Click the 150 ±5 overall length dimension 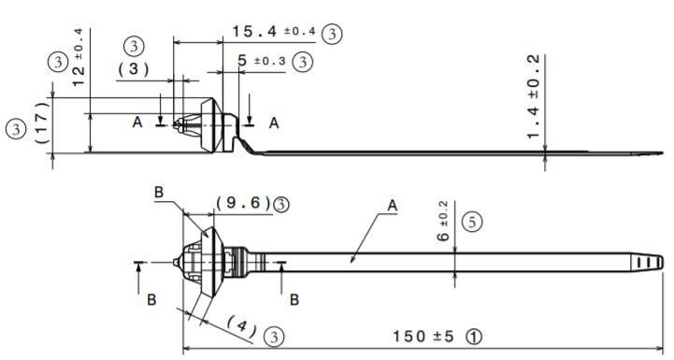pyautogui.click(x=423, y=337)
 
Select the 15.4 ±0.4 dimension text pyautogui.click(x=274, y=32)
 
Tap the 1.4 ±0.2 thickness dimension pyautogui.click(x=533, y=96)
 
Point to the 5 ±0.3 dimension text pyautogui.click(x=262, y=61)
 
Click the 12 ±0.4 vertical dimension pyautogui.click(x=79, y=58)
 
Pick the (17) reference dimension pyautogui.click(x=42, y=122)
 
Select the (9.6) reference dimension pyautogui.click(x=243, y=203)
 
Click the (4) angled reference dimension pyautogui.click(x=241, y=326)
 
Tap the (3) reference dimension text pyautogui.click(x=134, y=69)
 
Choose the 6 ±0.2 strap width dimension pyautogui.click(x=443, y=221)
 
